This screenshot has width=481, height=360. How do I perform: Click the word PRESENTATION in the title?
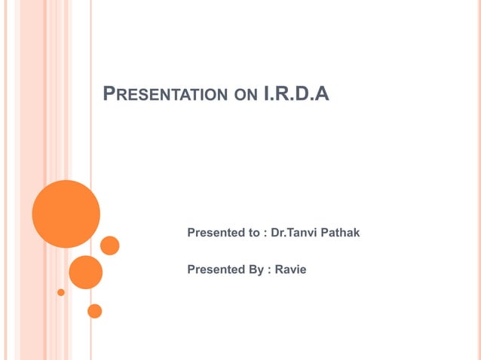point(163,95)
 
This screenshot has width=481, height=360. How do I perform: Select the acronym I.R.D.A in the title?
point(297,95)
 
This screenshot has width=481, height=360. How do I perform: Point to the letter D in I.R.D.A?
point(307,95)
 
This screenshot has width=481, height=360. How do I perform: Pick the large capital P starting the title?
point(108,94)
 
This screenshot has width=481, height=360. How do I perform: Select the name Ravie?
point(290,269)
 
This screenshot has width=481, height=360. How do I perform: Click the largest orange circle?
point(66,214)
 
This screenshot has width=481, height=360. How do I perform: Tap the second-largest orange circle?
point(85,272)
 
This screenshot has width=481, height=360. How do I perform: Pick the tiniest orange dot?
point(61,292)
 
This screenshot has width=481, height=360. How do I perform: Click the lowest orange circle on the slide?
point(94,310)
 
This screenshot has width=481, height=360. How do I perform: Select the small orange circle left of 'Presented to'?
point(110,246)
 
